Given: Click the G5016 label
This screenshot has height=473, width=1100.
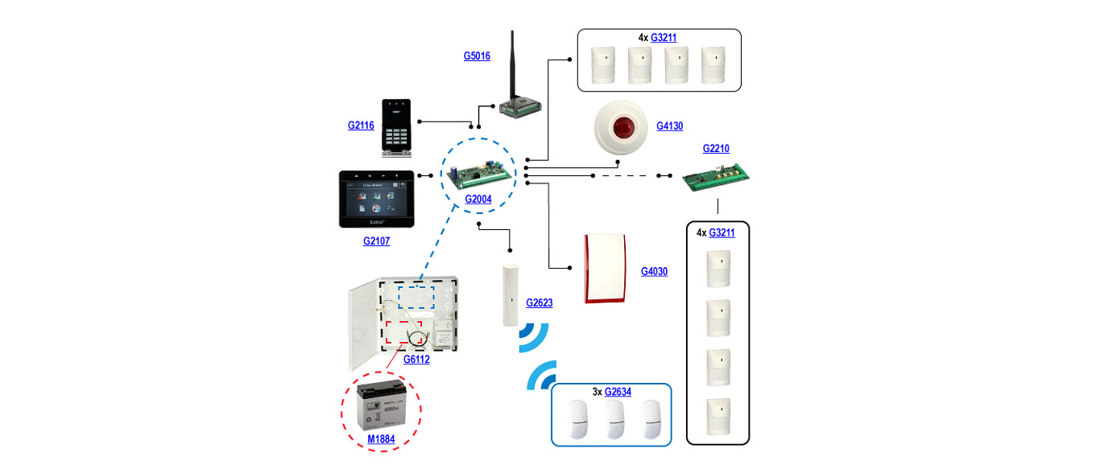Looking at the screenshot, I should coord(477,56).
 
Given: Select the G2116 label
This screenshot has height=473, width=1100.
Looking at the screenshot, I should coord(362,125).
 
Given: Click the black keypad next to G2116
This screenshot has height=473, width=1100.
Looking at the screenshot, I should coord(397,127).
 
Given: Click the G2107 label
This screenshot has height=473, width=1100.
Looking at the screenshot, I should coord(376,241).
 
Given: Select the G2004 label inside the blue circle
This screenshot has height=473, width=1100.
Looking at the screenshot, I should coord(478,199).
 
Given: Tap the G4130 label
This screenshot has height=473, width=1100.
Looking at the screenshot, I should coord(669,126).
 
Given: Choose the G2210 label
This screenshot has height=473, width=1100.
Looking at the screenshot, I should coord(716,149).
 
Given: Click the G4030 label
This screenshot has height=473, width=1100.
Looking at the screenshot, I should coord(654,272).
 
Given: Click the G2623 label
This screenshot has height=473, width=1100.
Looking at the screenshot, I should coord(540,303).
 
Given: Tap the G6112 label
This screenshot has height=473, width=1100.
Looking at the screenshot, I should coord(416,360).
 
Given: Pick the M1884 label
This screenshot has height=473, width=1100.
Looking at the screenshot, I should coord(381,439).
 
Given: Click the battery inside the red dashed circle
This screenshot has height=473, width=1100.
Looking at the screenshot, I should coord(384,405).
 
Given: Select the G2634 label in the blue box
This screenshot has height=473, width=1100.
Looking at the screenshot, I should coord(618,392).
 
